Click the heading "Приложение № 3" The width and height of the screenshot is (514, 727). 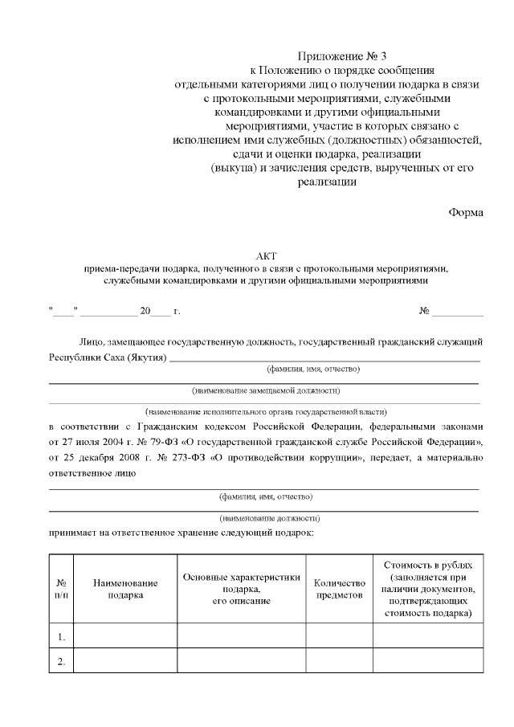click(341, 56)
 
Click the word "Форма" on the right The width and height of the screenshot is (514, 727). click(466, 212)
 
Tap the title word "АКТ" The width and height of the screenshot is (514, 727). click(265, 255)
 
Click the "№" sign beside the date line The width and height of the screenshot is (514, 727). click(426, 311)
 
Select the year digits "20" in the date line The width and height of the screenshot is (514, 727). click(145, 311)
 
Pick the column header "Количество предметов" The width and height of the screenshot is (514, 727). click(338, 589)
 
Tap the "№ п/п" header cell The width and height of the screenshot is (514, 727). click(61, 589)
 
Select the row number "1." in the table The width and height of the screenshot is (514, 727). click(61, 637)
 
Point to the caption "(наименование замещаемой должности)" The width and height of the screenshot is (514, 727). click(266, 391)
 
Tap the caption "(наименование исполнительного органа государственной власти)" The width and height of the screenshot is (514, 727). click(266, 410)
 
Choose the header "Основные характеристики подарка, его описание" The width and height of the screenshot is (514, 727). click(242, 589)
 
